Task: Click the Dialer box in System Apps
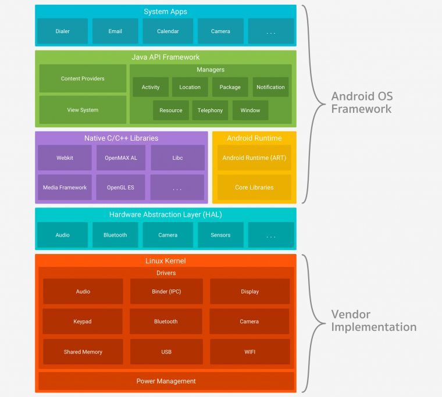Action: click(x=62, y=31)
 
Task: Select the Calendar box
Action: click(x=168, y=31)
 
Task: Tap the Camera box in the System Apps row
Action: click(x=220, y=31)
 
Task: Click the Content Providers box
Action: click(x=83, y=78)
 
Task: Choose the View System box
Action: click(x=83, y=110)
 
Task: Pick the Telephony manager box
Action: click(x=210, y=110)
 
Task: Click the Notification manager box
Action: click(x=270, y=87)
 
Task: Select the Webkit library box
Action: click(x=65, y=158)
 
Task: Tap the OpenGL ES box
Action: click(x=120, y=188)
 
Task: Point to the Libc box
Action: click(x=177, y=158)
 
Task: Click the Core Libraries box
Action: click(x=254, y=188)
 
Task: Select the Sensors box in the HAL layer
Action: click(x=220, y=235)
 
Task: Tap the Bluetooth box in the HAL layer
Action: click(x=115, y=235)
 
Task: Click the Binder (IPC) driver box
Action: click(x=166, y=291)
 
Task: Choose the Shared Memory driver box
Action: click(x=83, y=352)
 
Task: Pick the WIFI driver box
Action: click(x=249, y=352)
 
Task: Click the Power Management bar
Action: click(x=166, y=381)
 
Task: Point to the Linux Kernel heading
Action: click(x=166, y=261)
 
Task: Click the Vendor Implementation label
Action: click(x=373, y=321)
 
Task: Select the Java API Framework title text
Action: click(x=166, y=57)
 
